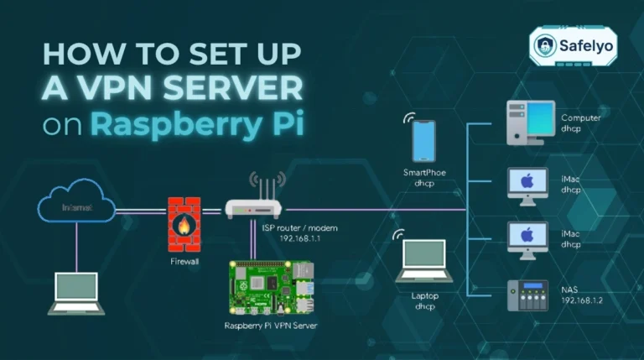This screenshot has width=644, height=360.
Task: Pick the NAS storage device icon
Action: coord(527,295)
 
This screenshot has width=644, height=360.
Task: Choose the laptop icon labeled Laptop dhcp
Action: coord(424,260)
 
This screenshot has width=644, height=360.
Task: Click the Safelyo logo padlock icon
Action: coord(546,45)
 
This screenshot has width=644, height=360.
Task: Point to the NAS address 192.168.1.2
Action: coord(582,300)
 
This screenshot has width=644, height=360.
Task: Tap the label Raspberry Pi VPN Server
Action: coord(272,326)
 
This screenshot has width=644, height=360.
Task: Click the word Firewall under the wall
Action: coord(184,262)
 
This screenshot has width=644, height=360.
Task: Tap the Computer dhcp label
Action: coord(581,123)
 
